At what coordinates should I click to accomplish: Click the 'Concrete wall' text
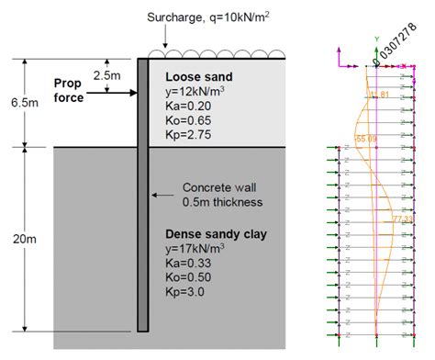pyautogui.click(x=220, y=186)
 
